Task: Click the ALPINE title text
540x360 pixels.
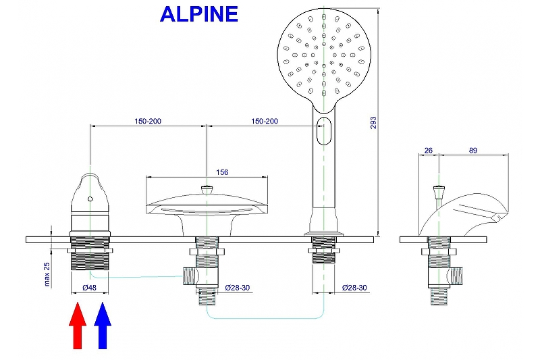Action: (199, 14)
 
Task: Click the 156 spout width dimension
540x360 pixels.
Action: (222, 172)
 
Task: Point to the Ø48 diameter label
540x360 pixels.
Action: (89, 288)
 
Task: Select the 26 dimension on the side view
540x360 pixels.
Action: (428, 151)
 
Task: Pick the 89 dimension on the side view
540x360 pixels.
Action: (472, 151)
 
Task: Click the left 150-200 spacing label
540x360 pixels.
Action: (147, 122)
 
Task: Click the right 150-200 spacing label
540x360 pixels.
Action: (264, 122)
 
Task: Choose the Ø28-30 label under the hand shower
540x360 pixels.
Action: (353, 288)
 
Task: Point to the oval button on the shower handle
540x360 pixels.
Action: (324, 130)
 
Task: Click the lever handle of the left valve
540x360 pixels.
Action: (90, 192)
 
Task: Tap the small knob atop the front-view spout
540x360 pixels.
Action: (207, 190)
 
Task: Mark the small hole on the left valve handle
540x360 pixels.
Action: (90, 199)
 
